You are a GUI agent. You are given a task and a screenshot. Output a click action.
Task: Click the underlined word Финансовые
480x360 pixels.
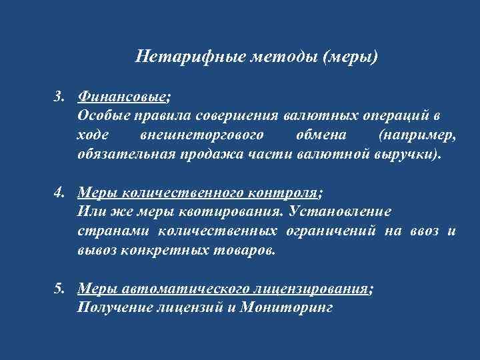[x=122, y=97]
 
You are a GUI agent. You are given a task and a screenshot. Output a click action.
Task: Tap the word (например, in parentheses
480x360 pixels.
[x=418, y=135]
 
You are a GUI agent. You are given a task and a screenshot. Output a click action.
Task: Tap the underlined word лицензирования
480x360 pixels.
[x=311, y=289]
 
